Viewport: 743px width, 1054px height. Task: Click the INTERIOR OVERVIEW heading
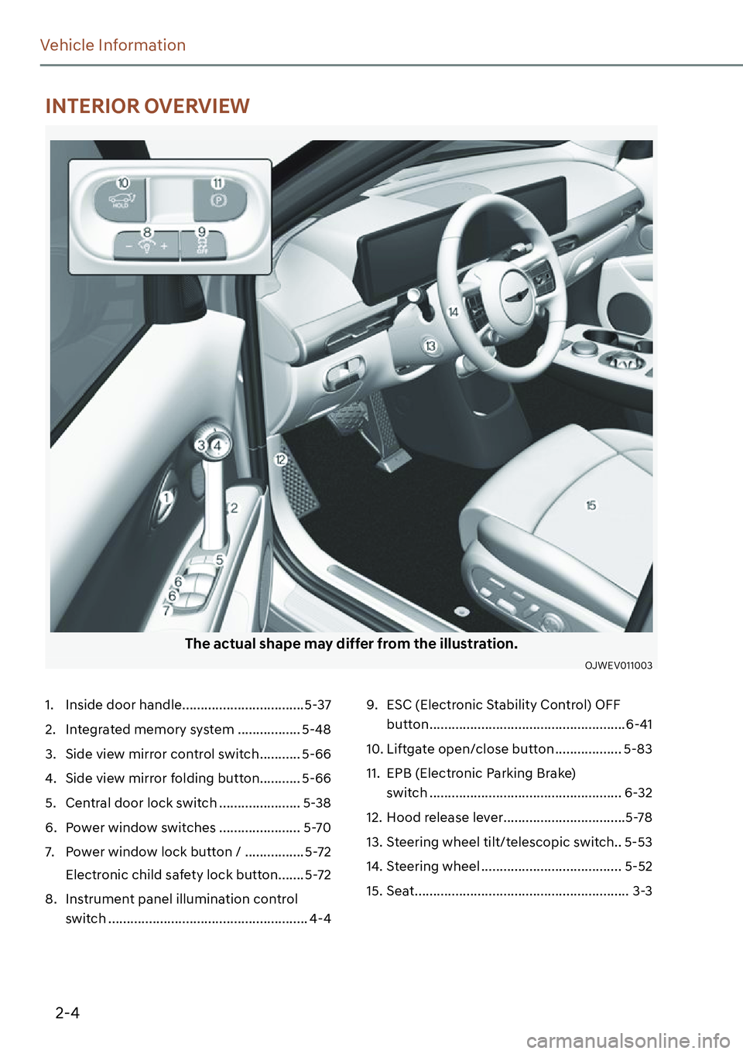point(147,106)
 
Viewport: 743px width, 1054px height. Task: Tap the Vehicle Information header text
point(113,46)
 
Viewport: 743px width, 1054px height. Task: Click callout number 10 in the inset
point(123,183)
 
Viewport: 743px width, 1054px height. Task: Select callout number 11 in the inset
point(217,183)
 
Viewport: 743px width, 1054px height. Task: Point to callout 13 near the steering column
point(430,346)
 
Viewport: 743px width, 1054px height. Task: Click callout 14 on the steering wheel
point(454,311)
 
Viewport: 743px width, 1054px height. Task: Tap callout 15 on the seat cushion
point(591,505)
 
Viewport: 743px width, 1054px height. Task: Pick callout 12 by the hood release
point(280,460)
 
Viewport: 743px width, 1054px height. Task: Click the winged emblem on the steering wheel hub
point(515,295)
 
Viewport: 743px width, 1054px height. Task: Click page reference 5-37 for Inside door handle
point(317,705)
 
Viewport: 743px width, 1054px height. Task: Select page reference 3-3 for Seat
point(642,891)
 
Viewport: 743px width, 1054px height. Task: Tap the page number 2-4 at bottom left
point(67,1012)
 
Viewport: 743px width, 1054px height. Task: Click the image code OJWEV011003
point(618,666)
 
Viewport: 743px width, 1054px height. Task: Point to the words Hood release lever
point(444,817)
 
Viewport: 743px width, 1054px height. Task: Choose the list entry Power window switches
point(141,827)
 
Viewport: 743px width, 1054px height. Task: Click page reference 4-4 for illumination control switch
point(320,919)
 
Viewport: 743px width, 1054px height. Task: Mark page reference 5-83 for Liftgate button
point(638,749)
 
